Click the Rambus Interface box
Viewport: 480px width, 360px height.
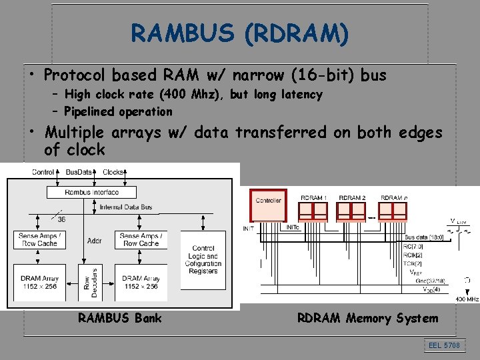click(91, 192)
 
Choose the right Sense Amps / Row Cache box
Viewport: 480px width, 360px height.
click(139, 239)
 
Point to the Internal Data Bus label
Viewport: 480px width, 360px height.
click(125, 207)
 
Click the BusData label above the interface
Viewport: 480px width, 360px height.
click(79, 172)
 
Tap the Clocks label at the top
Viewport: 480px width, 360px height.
click(113, 172)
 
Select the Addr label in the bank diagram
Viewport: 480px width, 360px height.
click(94, 240)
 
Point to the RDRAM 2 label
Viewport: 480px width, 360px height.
click(352, 197)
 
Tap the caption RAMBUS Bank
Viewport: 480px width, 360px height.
click(119, 318)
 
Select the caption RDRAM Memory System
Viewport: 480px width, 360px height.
click(367, 318)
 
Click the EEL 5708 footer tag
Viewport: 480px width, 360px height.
click(443, 345)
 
